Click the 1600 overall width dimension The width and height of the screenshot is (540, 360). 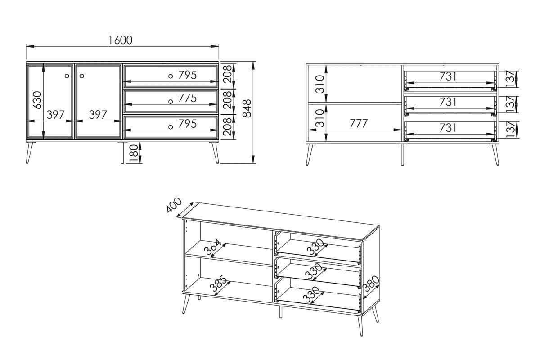[120, 40]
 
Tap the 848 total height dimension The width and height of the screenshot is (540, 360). [247, 108]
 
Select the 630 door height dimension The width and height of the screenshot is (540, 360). [37, 100]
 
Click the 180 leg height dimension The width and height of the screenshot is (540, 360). [133, 153]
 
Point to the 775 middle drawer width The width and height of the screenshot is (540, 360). [188, 98]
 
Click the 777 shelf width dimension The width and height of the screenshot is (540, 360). [359, 124]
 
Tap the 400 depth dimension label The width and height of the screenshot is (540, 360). [174, 205]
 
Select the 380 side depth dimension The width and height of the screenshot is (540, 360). [371, 284]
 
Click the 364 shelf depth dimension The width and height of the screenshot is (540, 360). [212, 247]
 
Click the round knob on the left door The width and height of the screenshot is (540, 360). [67, 76]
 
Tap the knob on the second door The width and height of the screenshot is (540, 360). [82, 76]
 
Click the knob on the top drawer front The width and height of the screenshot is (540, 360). [171, 76]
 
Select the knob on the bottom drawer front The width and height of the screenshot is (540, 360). [171, 127]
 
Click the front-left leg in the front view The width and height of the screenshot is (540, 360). [29, 153]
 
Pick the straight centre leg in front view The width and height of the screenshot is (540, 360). [122, 153]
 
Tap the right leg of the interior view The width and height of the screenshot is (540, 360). [495, 154]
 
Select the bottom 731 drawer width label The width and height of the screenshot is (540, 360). [448, 128]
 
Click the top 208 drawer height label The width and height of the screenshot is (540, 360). [227, 74]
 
